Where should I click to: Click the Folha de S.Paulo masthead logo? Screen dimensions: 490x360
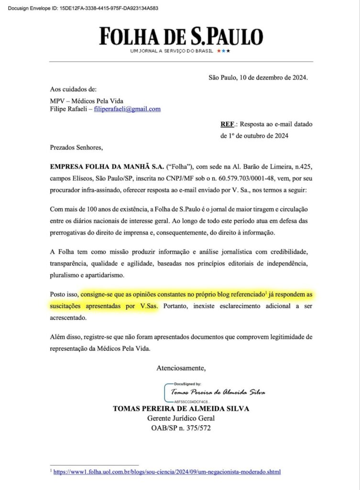181,36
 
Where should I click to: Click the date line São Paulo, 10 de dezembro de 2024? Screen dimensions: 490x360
258,77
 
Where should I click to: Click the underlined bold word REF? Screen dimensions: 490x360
228,124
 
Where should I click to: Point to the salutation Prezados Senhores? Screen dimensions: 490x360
76,148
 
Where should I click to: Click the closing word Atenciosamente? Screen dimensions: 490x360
181,368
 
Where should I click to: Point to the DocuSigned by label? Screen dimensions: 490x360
187,384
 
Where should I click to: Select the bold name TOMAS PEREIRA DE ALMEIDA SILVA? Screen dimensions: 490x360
181,409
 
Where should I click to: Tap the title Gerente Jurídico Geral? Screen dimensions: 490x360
181,418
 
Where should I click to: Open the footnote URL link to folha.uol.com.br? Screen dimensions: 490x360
167,472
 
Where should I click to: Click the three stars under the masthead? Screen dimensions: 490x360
223,51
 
